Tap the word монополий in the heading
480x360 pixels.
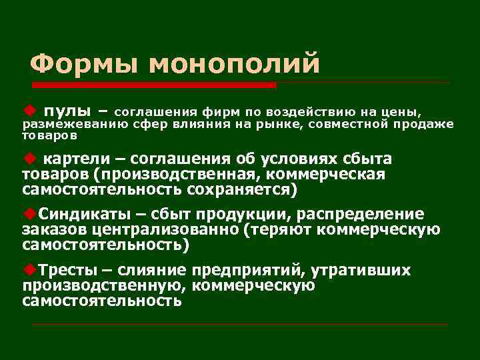coord(234,65)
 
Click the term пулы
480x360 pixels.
coord(67,109)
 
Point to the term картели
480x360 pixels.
coord(71,160)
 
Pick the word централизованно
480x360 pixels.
coord(165,230)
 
